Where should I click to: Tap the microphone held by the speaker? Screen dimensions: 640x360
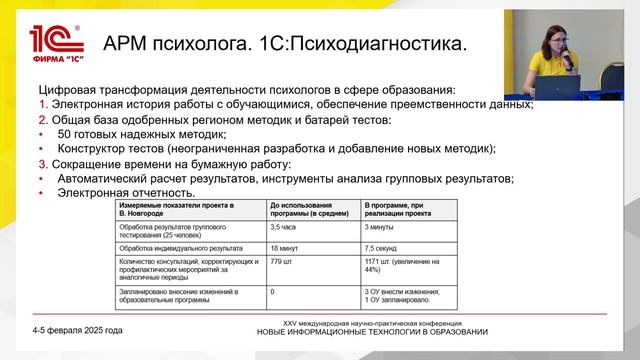567,57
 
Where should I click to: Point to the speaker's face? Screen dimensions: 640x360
557,36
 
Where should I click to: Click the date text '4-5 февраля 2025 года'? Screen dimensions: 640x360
77,329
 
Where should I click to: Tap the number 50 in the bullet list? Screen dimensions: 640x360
65,133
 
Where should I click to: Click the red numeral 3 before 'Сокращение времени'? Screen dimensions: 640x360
42,164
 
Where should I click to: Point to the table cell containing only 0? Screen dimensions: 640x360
273,291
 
